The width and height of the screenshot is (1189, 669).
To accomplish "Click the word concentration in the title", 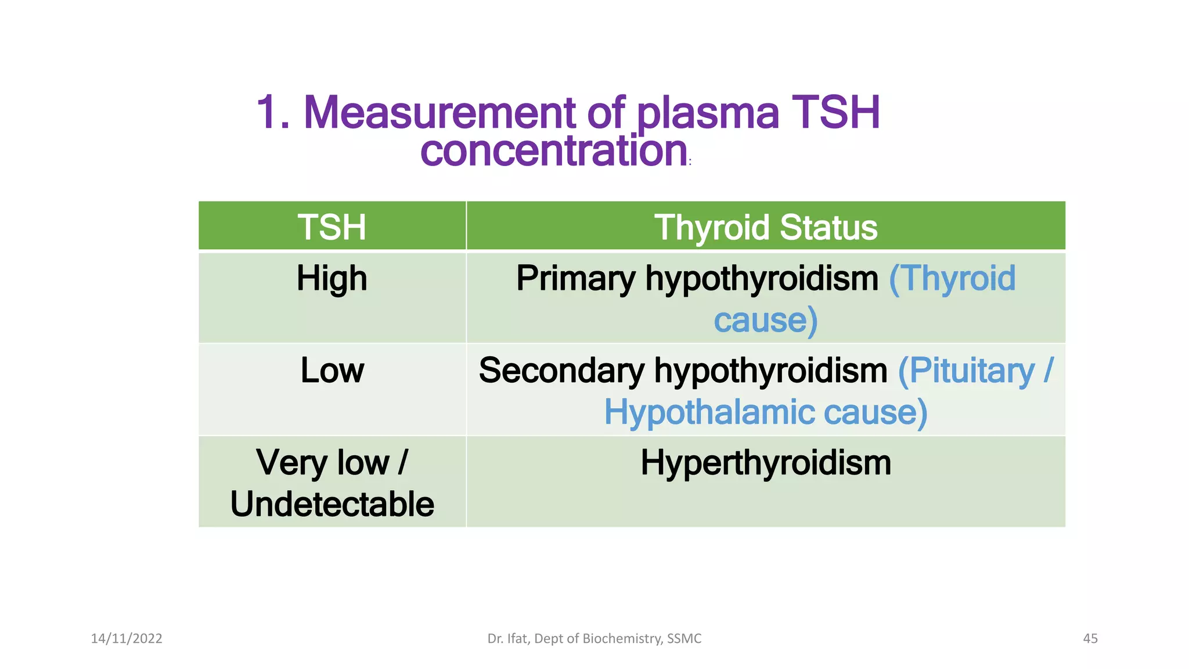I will (554, 150).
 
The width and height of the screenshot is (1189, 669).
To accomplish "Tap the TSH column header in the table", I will (332, 227).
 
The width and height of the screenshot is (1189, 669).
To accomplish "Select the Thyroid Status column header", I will (765, 227).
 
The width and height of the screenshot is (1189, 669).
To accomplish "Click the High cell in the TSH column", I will (332, 278).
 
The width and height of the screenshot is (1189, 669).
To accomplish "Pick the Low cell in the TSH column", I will (332, 371).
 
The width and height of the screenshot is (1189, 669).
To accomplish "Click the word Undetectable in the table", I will (332, 504).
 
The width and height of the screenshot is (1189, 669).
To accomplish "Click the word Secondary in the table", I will (561, 371).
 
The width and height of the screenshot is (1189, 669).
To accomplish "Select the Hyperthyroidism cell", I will (765, 463).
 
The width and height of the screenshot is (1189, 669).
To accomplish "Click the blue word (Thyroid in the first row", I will (952, 278).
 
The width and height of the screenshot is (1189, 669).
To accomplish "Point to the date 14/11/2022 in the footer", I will (127, 638).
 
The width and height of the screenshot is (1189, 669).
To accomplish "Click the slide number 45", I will (1090, 638).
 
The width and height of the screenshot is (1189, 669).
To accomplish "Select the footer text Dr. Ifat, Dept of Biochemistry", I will (594, 638).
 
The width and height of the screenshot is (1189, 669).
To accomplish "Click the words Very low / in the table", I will (332, 463).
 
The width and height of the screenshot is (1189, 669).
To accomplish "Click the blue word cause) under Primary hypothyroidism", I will (765, 321).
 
